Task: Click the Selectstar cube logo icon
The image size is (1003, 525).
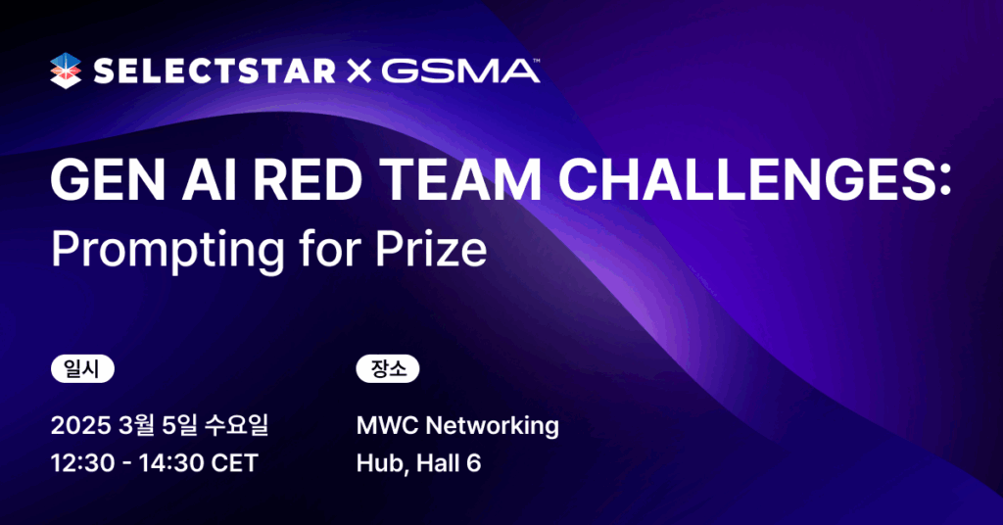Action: tap(66, 71)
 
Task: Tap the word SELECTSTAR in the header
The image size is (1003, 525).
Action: tap(215, 71)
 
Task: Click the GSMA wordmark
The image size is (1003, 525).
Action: tap(460, 71)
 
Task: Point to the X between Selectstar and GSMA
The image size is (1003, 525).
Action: tap(358, 72)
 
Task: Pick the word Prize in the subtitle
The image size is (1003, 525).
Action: tap(431, 249)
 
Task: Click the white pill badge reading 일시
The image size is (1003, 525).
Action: tap(82, 369)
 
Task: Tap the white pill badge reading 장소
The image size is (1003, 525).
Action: tap(388, 369)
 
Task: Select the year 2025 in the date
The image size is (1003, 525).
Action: tap(80, 425)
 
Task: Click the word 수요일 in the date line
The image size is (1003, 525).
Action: tap(236, 425)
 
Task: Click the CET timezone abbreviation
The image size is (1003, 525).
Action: tap(234, 463)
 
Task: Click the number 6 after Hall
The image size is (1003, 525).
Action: tap(473, 463)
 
